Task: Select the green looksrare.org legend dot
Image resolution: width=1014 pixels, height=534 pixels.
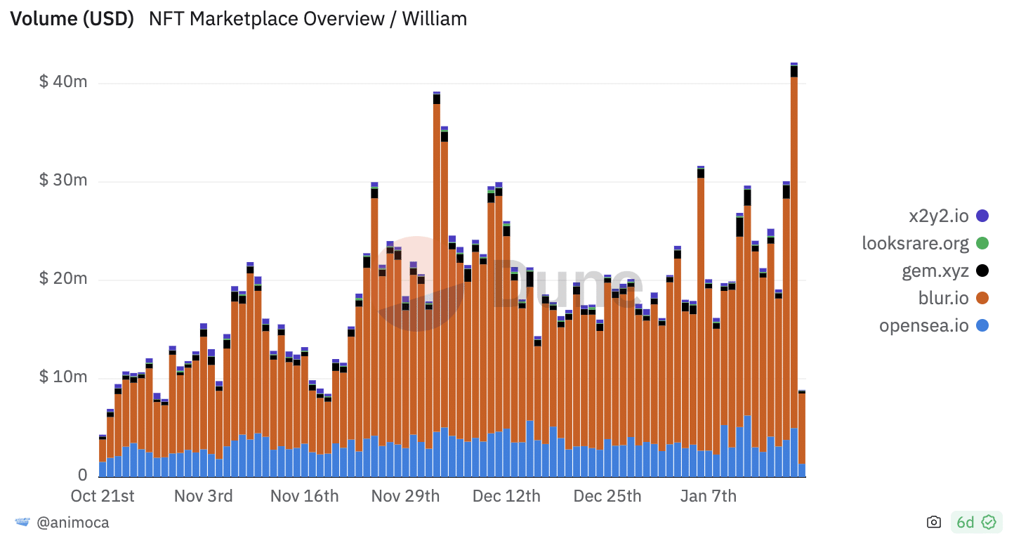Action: tap(982, 244)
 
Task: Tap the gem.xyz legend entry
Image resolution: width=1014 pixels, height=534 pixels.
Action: tap(935, 271)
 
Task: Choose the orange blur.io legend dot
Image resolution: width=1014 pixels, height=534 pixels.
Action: tap(982, 299)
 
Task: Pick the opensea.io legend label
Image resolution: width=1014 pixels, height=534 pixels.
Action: tap(923, 326)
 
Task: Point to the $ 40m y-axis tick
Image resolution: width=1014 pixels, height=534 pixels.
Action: tap(63, 82)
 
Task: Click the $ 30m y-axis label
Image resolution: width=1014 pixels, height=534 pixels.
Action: tap(63, 181)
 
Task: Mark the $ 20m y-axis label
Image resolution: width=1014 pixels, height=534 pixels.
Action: tap(63, 279)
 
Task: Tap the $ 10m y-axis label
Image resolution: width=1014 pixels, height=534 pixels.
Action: tap(63, 377)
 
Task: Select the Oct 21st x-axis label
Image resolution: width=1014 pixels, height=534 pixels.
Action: tap(103, 496)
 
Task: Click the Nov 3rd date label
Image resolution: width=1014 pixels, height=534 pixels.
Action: tap(204, 496)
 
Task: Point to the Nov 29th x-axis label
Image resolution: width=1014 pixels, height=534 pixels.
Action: tap(405, 496)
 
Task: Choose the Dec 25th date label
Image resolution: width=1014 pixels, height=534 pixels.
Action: tap(607, 496)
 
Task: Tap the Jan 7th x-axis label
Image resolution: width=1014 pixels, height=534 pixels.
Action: tap(709, 496)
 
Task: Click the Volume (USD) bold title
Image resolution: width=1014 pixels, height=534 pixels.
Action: tap(72, 19)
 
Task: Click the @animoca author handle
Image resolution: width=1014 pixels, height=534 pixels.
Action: tap(72, 523)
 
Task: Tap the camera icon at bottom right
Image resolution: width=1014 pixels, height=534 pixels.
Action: tap(933, 522)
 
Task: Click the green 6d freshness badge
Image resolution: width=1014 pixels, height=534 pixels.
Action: tap(975, 522)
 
